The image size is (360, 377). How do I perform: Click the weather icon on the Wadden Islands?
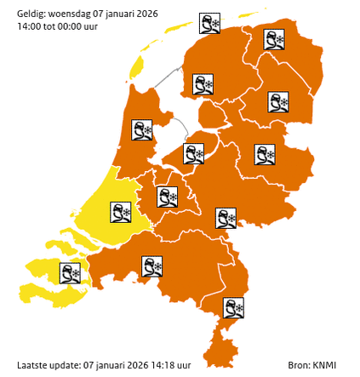tap(209, 24)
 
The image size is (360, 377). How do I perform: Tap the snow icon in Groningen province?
tap(273, 40)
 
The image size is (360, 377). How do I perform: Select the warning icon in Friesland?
tap(203, 85)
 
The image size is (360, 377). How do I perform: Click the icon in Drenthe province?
tap(277, 102)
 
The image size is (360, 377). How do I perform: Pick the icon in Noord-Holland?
tap(141, 130)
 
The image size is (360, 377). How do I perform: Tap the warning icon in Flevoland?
tap(195, 153)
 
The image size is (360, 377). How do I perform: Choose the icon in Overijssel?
tap(265, 154)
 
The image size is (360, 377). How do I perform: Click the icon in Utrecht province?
tap(168, 197)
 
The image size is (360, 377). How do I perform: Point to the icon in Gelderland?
tap(226, 218)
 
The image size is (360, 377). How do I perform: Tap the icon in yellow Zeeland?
tap(70, 273)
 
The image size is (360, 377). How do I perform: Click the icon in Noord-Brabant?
tap(152, 266)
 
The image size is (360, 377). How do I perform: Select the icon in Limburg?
tap(233, 307)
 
